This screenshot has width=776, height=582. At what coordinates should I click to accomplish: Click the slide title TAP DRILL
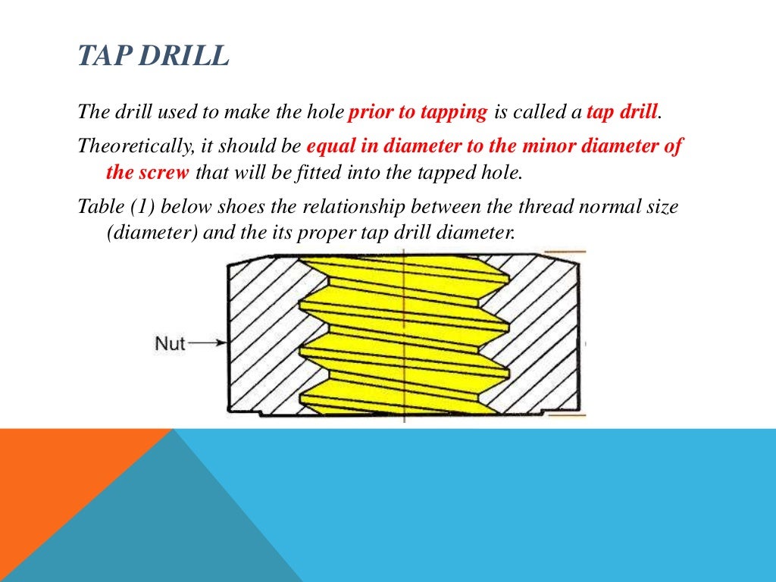point(153,56)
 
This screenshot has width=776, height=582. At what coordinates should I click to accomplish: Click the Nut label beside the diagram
point(170,343)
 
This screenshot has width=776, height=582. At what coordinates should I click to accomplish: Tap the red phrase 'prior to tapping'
point(418,112)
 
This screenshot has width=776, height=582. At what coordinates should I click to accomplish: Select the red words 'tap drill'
point(621,112)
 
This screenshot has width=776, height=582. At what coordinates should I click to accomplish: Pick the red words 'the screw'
point(147,172)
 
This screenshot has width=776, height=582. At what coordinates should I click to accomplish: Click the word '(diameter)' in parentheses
point(152,232)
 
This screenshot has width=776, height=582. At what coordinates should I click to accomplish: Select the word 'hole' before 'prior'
point(327,112)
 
